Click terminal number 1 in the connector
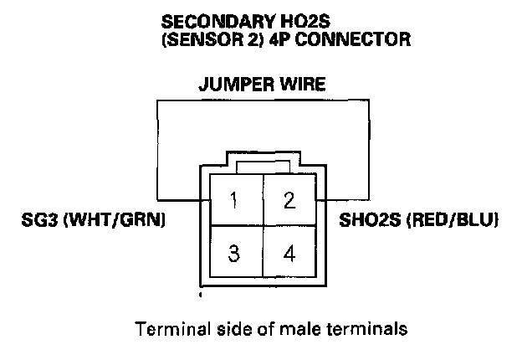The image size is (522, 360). click(235, 200)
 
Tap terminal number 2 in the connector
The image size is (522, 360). click(289, 200)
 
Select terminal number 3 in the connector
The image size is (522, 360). click(235, 253)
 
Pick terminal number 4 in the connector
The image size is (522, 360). click(289, 253)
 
